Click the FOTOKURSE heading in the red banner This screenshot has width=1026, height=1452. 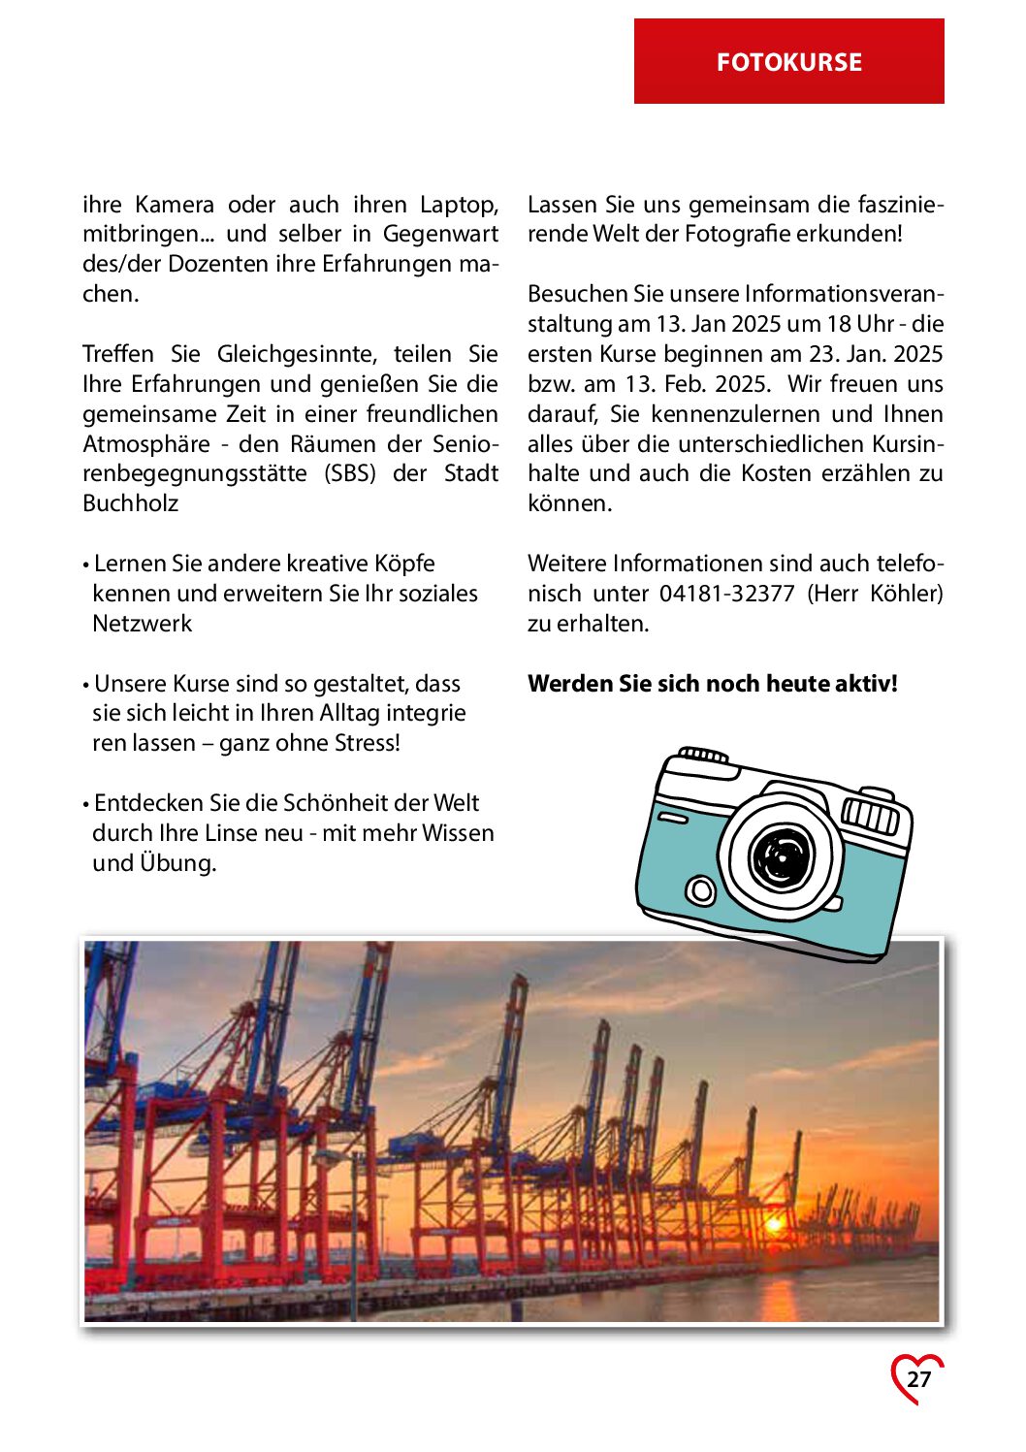point(788,62)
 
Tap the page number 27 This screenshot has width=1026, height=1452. point(918,1379)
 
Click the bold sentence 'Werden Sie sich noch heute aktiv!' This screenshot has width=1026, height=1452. point(713,684)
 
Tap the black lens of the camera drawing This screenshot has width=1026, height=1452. point(781,856)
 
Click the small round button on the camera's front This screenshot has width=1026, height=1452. point(699,889)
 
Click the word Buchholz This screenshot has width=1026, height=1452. point(131,503)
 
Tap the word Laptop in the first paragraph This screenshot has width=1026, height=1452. point(459,205)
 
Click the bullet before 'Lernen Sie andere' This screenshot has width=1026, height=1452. point(86,565)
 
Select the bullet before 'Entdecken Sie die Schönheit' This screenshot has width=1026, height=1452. point(86,804)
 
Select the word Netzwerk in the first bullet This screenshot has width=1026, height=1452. point(143,624)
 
